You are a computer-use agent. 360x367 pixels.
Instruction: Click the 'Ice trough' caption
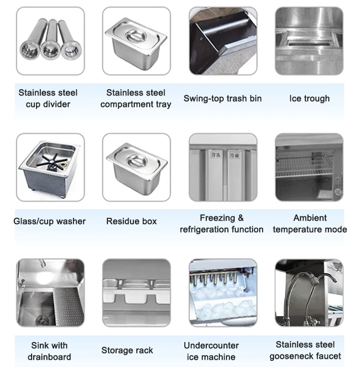pos(310,98)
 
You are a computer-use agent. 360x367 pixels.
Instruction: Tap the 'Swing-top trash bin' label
pos(223,98)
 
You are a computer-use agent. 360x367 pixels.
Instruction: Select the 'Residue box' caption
pos(132,221)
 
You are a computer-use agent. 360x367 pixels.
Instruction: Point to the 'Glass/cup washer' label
pos(49,221)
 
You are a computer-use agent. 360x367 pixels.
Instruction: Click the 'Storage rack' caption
pos(127,350)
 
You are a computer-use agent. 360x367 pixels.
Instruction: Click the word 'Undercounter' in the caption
pos(211,345)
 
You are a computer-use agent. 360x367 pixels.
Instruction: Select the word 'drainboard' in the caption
pos(49,357)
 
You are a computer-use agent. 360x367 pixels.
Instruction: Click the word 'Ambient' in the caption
pos(310,218)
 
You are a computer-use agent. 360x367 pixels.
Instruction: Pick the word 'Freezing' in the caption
pos(217,218)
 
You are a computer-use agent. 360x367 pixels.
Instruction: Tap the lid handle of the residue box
pos(137,161)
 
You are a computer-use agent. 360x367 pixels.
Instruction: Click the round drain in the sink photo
pos(43,320)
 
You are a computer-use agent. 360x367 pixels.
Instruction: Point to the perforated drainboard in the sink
pos(69,306)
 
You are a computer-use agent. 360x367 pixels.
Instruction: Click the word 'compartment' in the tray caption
pos(127,105)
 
